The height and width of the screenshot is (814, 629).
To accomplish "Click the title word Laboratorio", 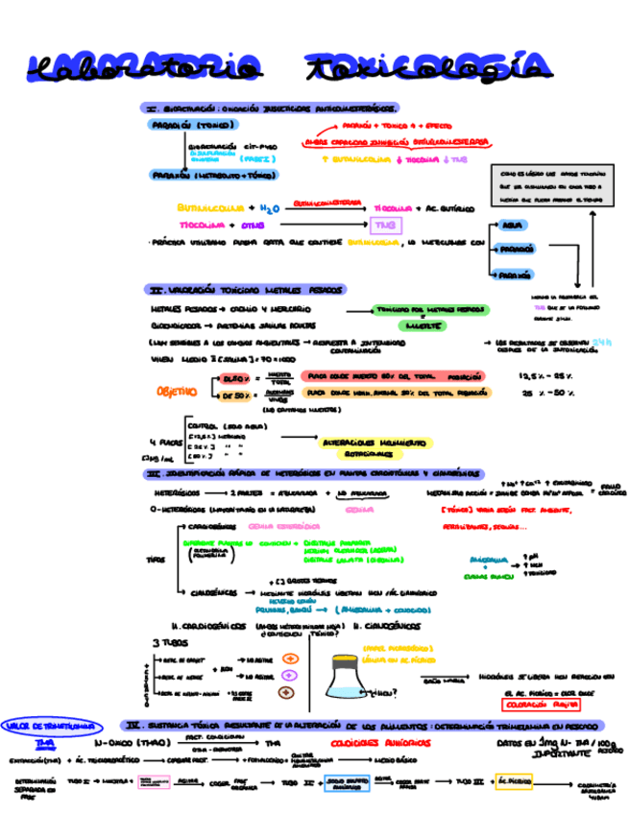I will tap(143, 66).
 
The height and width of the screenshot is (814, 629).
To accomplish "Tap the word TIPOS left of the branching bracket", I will tap(156, 558).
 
